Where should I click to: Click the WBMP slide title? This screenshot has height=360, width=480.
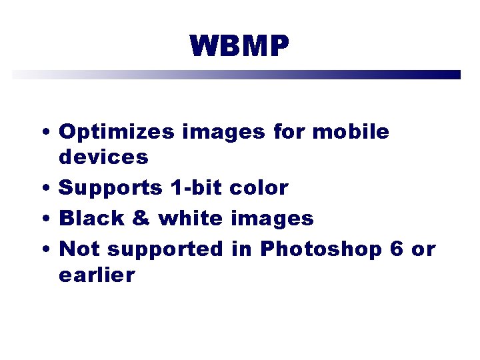click(x=239, y=47)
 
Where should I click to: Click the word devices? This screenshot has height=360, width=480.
click(x=103, y=157)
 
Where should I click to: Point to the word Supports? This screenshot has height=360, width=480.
click(x=110, y=189)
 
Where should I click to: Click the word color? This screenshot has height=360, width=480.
click(x=259, y=188)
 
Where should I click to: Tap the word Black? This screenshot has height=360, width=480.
click(x=91, y=218)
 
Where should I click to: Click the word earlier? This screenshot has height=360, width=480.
click(x=97, y=275)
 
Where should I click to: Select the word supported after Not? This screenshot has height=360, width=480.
click(x=165, y=249)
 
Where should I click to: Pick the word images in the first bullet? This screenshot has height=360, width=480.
click(x=223, y=133)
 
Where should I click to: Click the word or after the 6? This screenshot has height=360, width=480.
click(x=423, y=249)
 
